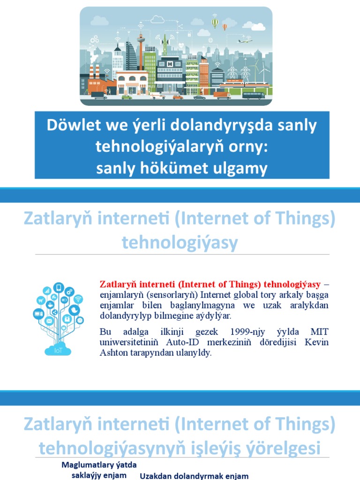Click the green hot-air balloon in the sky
[215, 22]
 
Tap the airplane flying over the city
[245, 41]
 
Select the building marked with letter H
[170, 70]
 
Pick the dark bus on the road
[253, 95]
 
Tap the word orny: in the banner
[247, 147]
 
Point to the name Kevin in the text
[316, 342]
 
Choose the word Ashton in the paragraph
[113, 352]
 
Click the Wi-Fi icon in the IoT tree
[78, 299]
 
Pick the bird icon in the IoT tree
[74, 310]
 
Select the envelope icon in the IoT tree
[49, 321]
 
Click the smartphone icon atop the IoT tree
[58, 287]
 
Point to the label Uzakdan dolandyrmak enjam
[194, 476]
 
